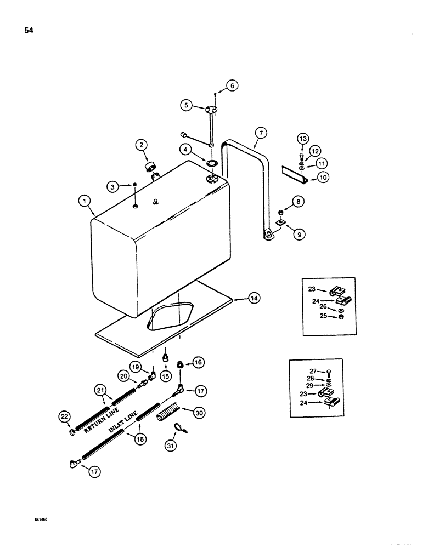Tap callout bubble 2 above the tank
[142, 145]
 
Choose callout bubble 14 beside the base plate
[254, 299]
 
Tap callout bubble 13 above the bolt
[303, 138]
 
